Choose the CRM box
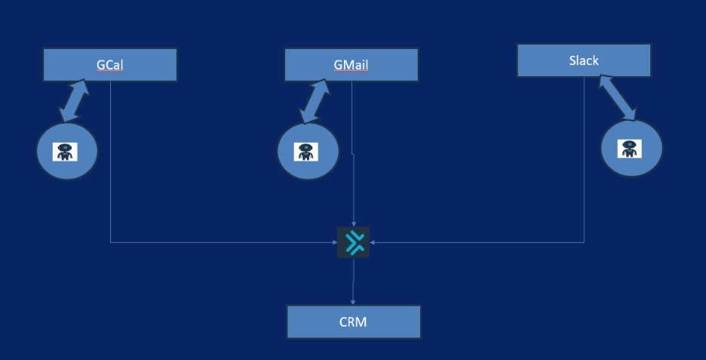click(353, 322)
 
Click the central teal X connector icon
click(353, 242)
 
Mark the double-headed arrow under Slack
click(618, 98)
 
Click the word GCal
click(109, 65)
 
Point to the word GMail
click(351, 65)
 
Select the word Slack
click(584, 60)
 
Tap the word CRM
click(353, 322)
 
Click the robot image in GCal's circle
click(66, 151)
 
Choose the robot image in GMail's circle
click(305, 151)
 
